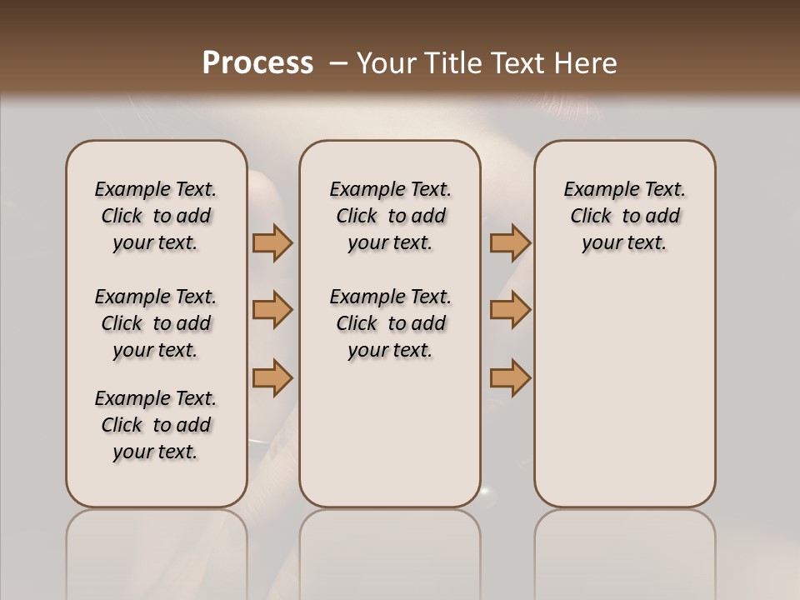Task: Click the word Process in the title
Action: tap(257, 63)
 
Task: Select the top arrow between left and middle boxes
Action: tap(272, 243)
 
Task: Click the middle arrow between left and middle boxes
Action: tap(272, 310)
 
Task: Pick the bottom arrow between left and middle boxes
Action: tap(272, 377)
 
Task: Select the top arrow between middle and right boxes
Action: tap(510, 243)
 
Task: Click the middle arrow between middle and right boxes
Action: tap(510, 310)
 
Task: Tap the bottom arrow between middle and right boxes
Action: tap(510, 377)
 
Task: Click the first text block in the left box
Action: tap(156, 216)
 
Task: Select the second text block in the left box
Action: tap(156, 323)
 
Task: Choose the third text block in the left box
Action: tap(156, 425)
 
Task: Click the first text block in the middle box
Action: tap(390, 216)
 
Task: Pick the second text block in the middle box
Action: tap(390, 323)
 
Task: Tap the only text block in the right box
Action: tap(625, 216)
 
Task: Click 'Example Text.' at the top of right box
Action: tap(625, 190)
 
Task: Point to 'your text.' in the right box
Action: tap(625, 243)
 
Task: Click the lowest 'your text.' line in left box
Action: tap(156, 452)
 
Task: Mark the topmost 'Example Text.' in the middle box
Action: tap(390, 190)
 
